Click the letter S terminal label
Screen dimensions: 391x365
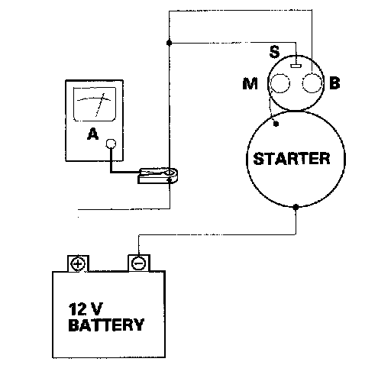[x=274, y=52]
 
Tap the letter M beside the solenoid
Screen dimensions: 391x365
[x=250, y=83]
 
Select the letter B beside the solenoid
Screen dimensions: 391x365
[x=334, y=83]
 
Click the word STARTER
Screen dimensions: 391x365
[x=292, y=159]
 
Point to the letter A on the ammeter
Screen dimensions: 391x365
[x=92, y=134]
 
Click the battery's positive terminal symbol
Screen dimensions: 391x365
[x=78, y=263]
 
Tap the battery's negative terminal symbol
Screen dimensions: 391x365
[x=138, y=263]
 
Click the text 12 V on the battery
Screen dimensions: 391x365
[x=86, y=309]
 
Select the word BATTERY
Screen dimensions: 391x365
[x=106, y=325]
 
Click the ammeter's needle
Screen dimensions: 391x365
[x=100, y=105]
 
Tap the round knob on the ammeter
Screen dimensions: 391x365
[x=111, y=144]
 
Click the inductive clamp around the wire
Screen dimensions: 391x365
[x=158, y=176]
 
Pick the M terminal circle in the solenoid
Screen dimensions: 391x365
[x=280, y=83]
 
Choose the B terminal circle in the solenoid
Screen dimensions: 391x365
[x=312, y=83]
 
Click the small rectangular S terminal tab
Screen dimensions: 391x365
[x=296, y=66]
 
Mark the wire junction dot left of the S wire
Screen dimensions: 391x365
[x=169, y=43]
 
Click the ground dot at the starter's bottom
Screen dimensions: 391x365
[x=296, y=207]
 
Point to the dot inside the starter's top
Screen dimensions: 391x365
[x=276, y=124]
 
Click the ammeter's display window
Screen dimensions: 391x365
[x=95, y=104]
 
